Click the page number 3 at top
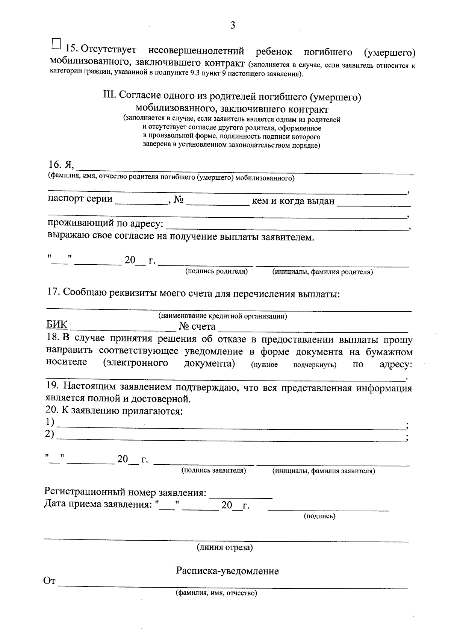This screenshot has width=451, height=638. (233, 26)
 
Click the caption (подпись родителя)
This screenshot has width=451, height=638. (216, 271)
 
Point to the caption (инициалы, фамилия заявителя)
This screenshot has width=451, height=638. (323, 471)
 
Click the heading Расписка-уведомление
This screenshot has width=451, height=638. (228, 571)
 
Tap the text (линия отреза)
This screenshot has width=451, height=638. (225, 547)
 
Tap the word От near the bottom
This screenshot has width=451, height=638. (50, 582)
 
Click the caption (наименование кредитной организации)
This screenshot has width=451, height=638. (222, 316)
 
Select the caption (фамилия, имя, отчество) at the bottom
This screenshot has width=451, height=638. (216, 593)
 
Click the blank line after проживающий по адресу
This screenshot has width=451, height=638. (288, 227)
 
